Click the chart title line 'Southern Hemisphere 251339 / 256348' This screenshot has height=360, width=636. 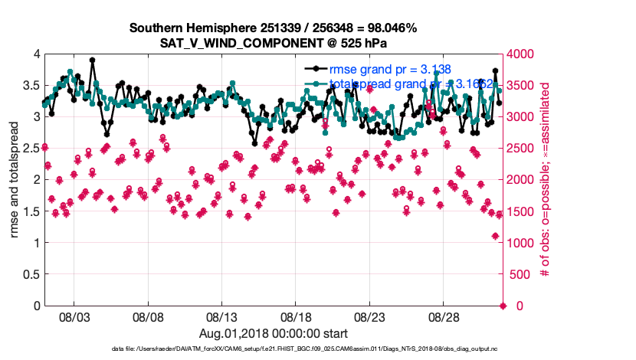(273, 28)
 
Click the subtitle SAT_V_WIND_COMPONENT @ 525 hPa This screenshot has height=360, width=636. (273, 43)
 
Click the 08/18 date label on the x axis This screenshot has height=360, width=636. (296, 316)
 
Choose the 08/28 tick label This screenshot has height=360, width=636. (443, 316)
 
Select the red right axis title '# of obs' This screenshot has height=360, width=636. (546, 181)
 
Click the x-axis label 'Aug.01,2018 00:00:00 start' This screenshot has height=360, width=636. (274, 333)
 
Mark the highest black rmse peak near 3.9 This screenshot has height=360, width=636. (92, 60)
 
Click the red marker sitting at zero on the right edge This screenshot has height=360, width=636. (503, 306)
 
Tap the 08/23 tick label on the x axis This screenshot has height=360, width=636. (369, 316)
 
